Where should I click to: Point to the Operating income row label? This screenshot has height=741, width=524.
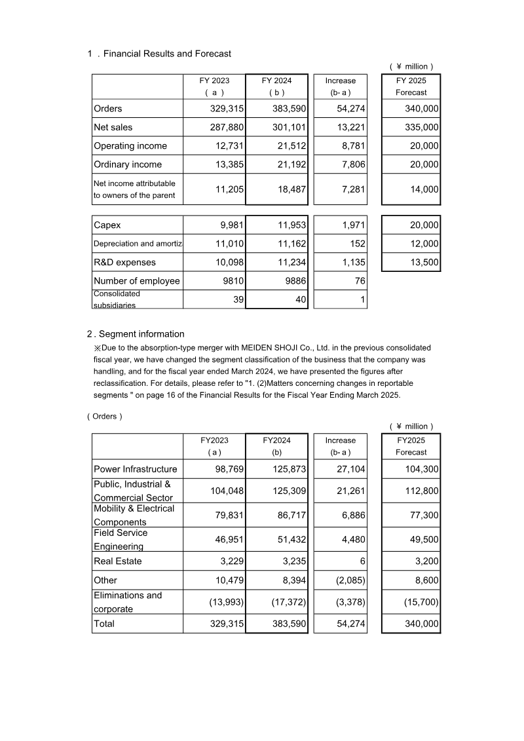point(130,146)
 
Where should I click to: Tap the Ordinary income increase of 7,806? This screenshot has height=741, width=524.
point(350,164)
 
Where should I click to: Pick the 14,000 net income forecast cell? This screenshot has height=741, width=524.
point(424,189)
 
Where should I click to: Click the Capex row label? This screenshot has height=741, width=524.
point(107,225)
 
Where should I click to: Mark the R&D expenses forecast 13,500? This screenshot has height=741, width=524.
point(424,262)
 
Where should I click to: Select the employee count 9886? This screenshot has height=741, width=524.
point(292,281)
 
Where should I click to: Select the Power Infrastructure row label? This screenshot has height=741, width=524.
point(136,469)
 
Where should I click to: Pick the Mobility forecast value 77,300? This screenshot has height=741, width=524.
point(424,516)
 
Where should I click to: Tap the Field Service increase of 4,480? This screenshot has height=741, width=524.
point(350,540)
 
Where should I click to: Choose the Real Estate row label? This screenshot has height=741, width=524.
point(118,561)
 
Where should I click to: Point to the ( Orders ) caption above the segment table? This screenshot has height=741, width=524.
point(104,417)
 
